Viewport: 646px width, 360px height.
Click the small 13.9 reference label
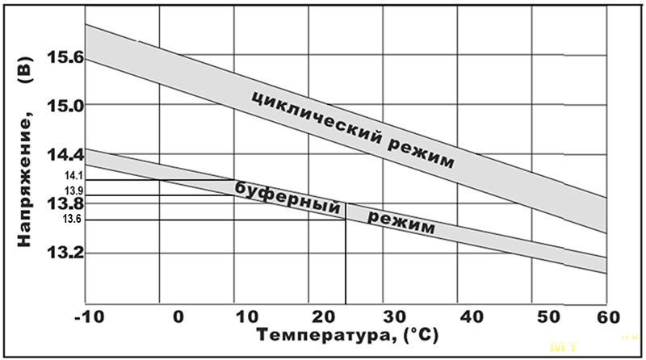73,190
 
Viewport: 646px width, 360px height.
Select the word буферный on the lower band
286,196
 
